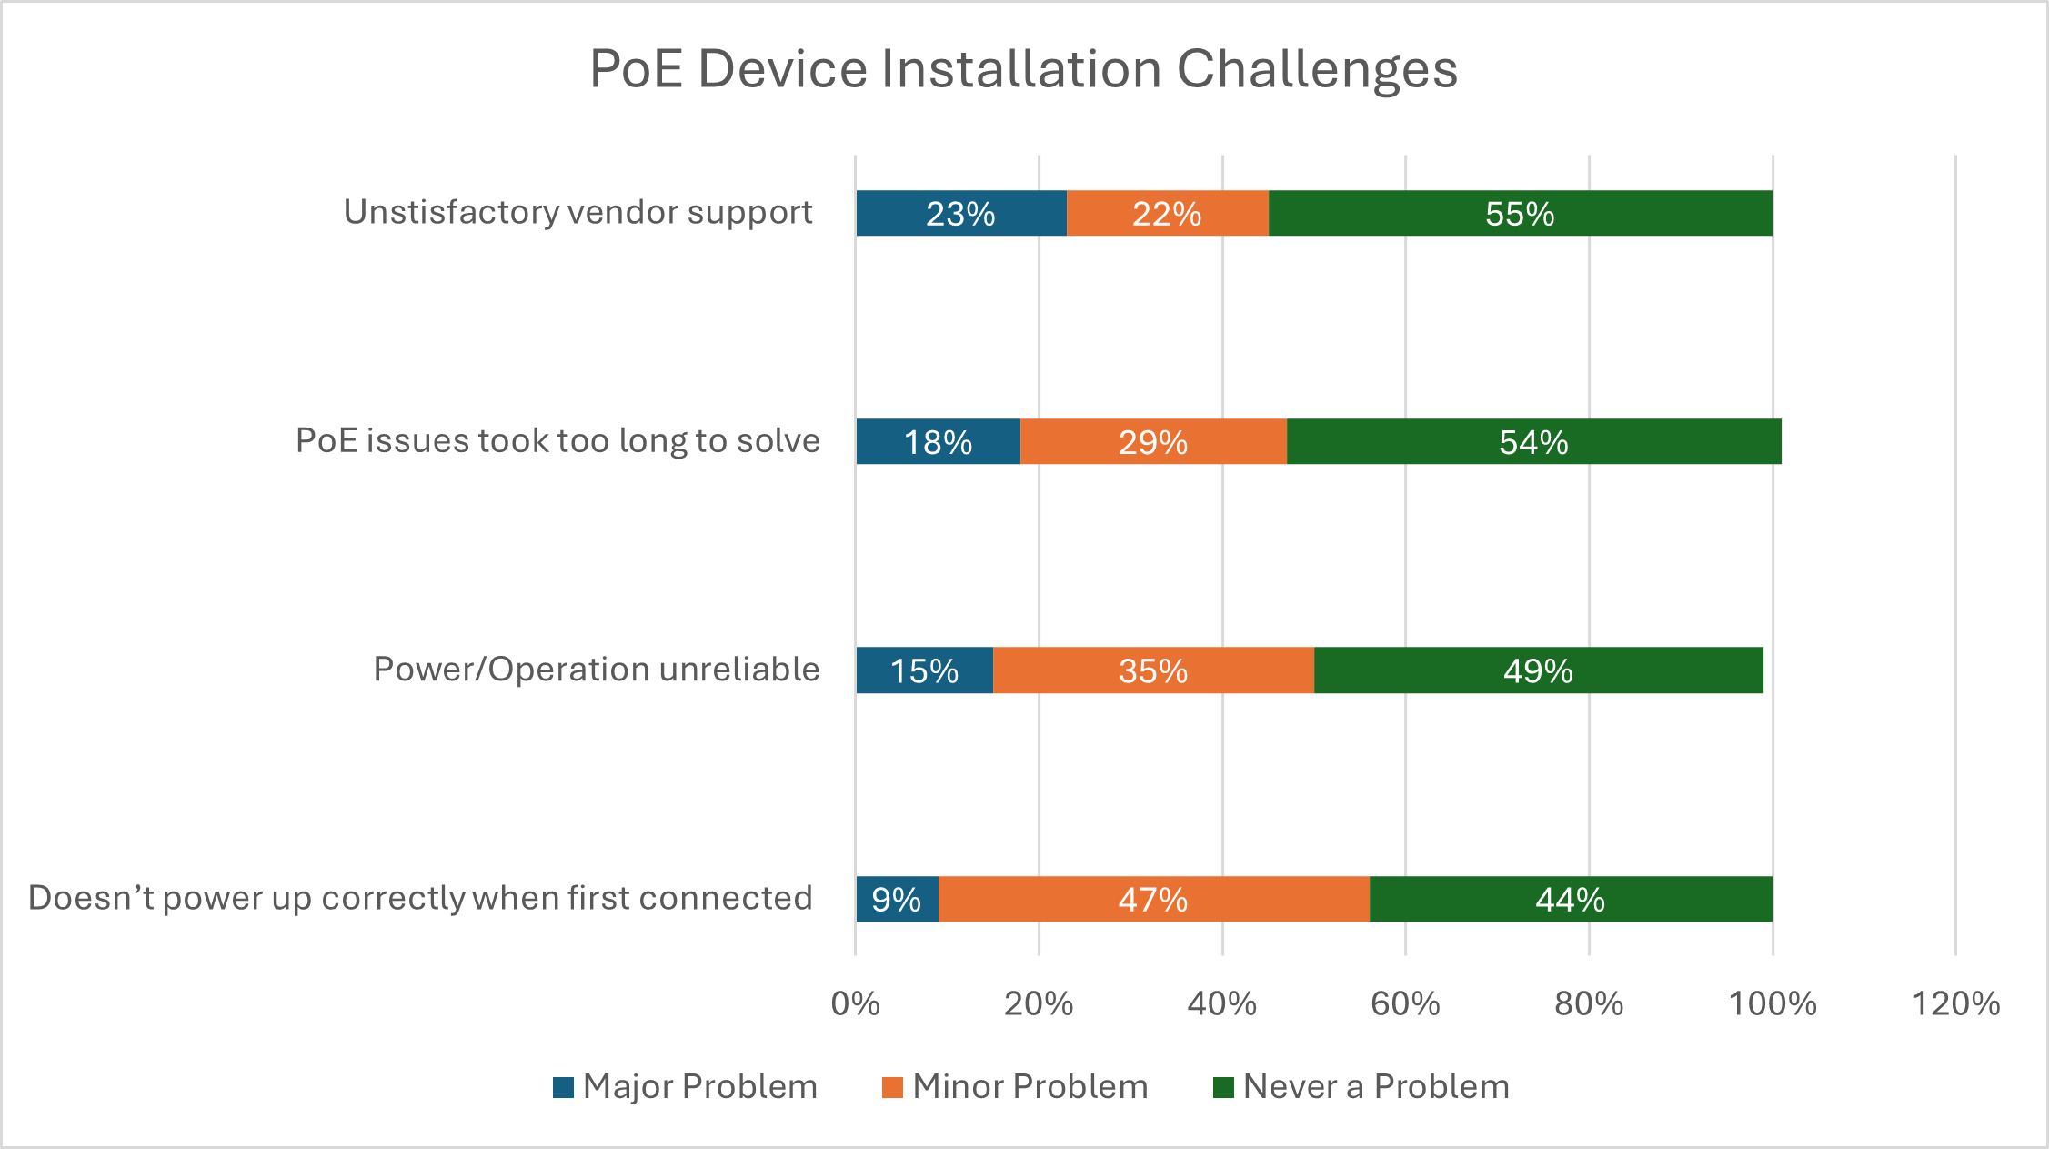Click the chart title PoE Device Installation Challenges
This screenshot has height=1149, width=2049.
point(1023,69)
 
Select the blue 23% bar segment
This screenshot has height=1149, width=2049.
point(960,214)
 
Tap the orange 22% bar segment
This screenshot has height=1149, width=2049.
point(1167,214)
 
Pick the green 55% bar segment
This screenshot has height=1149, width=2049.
point(1520,214)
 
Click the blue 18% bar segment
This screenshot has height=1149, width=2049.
point(938,442)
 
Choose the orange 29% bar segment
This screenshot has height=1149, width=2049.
point(1153,442)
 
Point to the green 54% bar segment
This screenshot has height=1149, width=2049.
point(1533,442)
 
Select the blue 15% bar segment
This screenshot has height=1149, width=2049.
point(924,670)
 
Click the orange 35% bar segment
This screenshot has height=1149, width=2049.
point(1153,670)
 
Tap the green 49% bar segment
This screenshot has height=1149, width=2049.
point(1538,670)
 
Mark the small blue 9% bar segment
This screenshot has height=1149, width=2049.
point(897,899)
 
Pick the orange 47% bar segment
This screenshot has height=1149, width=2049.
point(1153,899)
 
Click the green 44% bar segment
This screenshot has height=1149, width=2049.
point(1571,899)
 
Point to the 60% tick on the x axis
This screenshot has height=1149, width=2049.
point(1405,1003)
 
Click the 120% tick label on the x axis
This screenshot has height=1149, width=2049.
point(1955,1003)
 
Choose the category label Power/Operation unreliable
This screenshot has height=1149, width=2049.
point(597,670)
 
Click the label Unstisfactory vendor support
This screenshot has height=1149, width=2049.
point(578,212)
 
